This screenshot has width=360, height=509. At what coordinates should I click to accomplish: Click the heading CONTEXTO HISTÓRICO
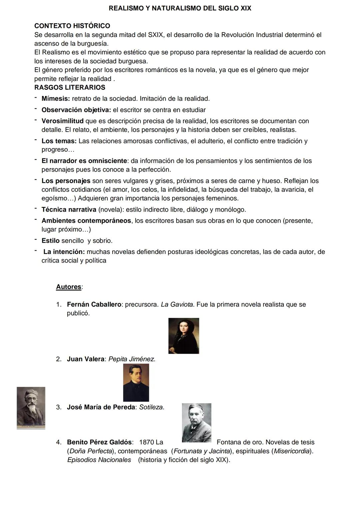(x=72, y=26)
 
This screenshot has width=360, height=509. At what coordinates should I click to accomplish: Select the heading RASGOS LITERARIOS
(x=70, y=88)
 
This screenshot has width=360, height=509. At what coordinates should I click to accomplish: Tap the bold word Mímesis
(x=56, y=99)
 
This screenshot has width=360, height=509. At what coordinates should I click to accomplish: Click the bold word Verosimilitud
(x=62, y=121)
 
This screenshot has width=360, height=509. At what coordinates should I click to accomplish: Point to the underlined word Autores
(x=69, y=287)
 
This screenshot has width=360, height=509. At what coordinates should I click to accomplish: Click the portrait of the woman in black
(x=184, y=336)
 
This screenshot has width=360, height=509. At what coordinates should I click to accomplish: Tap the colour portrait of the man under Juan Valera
(x=136, y=383)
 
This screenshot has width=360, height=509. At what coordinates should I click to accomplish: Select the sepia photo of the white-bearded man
(x=31, y=408)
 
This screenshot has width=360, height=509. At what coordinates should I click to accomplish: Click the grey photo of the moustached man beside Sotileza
(x=197, y=423)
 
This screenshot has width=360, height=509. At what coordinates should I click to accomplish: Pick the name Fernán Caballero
(x=94, y=305)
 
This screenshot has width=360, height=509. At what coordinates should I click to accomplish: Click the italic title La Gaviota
(x=177, y=305)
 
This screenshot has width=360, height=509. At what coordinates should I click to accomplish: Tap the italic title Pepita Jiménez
(x=131, y=359)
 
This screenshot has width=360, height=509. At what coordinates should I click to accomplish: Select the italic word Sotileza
(x=151, y=407)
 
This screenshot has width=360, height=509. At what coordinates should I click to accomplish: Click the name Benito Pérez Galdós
(x=99, y=442)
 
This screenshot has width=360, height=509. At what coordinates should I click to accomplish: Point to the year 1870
(x=146, y=442)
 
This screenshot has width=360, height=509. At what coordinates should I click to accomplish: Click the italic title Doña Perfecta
(x=89, y=451)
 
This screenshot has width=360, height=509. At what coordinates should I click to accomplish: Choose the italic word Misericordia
(x=292, y=451)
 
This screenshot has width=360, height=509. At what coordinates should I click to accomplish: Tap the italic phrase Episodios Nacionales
(x=99, y=460)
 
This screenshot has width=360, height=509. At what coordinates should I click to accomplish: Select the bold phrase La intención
(x=64, y=252)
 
